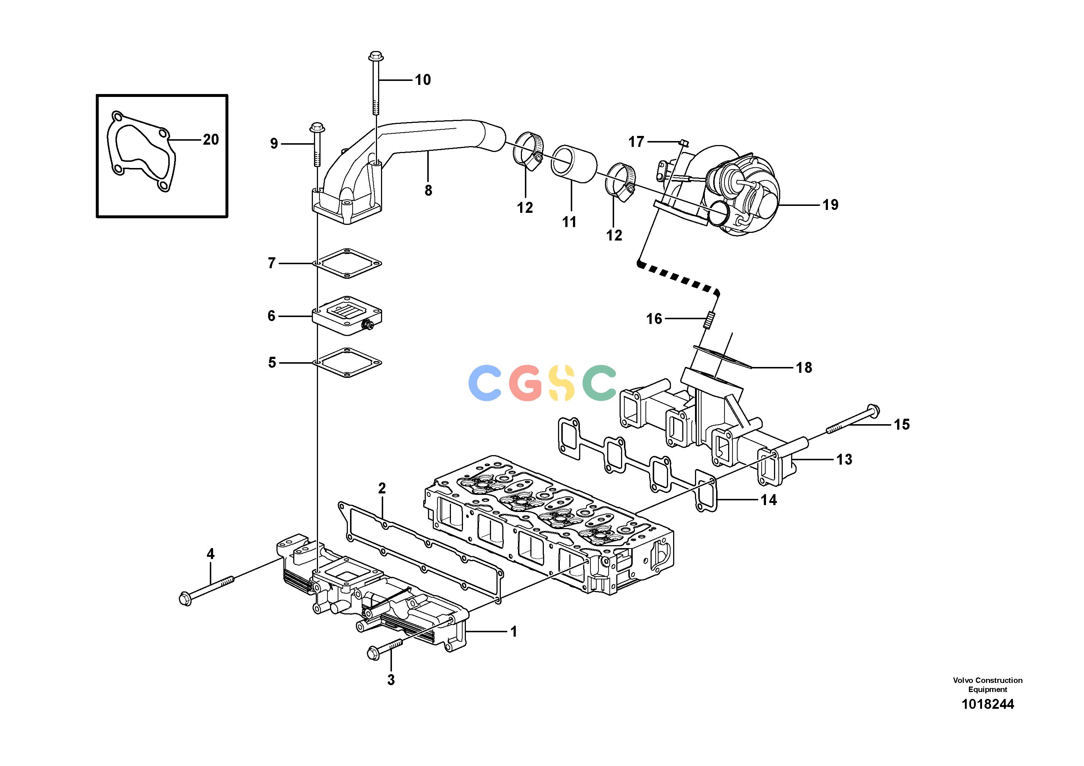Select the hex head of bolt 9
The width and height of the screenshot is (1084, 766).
(x=316, y=127)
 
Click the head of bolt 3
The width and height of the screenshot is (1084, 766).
(x=373, y=653)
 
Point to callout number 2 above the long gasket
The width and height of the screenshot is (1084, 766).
(x=382, y=488)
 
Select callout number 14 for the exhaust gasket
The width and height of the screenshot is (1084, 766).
(x=769, y=500)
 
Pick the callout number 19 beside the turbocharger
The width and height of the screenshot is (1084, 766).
(x=830, y=204)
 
